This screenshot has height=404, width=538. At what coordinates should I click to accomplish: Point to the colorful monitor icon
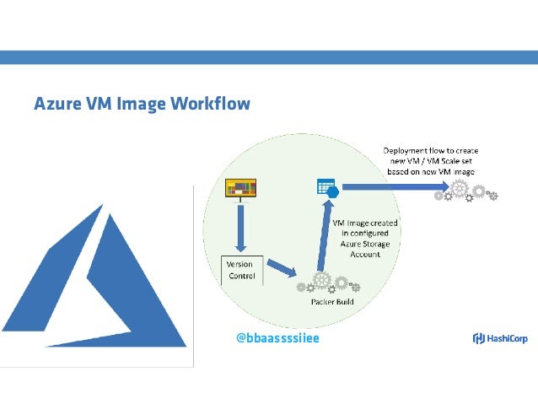240,188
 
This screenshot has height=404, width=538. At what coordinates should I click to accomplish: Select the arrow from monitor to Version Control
240,227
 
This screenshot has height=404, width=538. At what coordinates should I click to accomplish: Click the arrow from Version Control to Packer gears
283,268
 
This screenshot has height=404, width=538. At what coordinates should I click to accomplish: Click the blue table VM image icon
326,188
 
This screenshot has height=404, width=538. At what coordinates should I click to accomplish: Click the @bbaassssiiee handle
277,338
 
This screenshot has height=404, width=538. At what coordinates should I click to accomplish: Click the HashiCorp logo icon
477,338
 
